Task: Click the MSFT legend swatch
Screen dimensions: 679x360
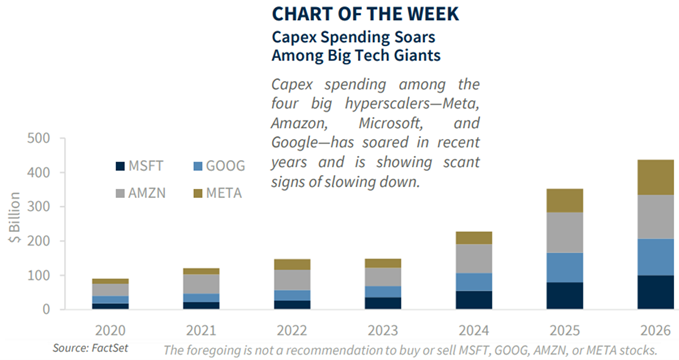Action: [x=120, y=166]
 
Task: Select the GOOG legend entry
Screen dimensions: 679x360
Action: [x=219, y=166]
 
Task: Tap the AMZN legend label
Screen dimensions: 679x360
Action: [x=147, y=193]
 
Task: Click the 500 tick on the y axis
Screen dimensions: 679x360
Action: [x=39, y=138]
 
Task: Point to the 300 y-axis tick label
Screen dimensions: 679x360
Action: [x=39, y=207]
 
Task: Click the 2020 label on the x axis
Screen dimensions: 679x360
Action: [x=110, y=331]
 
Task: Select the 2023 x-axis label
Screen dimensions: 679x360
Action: [x=383, y=331]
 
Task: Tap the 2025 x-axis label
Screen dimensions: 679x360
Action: [x=565, y=331]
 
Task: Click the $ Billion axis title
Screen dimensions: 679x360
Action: [x=14, y=217]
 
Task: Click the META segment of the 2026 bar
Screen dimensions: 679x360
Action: [x=655, y=177]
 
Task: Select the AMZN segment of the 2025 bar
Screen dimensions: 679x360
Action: [x=565, y=233]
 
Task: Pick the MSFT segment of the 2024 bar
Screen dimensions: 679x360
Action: [x=474, y=300]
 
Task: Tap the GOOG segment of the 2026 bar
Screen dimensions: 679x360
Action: [x=655, y=257]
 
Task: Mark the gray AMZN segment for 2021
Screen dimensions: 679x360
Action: [x=201, y=284]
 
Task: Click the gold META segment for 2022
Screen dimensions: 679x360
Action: [x=292, y=265]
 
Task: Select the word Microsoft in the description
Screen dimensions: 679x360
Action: [x=390, y=123]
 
